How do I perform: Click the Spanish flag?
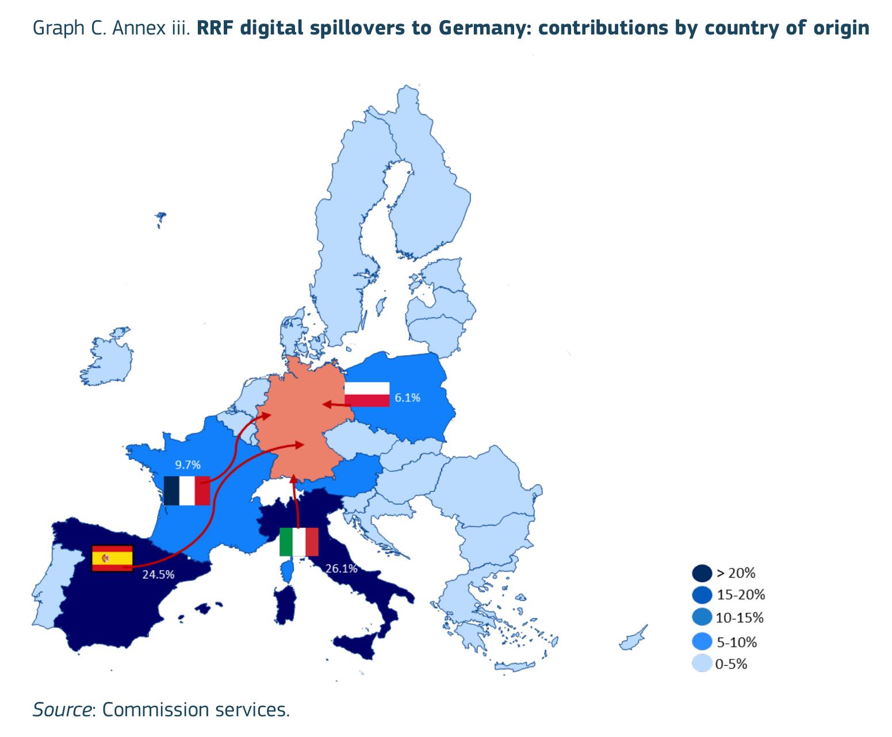112,558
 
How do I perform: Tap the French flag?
187,490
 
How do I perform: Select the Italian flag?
299,542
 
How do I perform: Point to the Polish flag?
367,394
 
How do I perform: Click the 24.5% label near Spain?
158,574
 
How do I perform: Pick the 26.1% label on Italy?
342,569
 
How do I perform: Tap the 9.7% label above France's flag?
187,465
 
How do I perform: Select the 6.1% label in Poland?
407,398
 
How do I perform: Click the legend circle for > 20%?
702,573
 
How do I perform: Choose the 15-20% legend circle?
702,595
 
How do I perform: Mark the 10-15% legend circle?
702,617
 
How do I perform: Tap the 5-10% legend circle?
702,642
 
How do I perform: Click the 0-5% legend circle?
702,663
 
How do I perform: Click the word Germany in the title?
485,29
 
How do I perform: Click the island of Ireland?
107,357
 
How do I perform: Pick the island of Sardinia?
285,605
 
